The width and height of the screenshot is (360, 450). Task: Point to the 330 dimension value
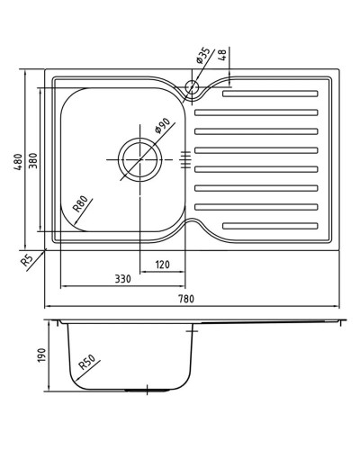[x=123, y=278]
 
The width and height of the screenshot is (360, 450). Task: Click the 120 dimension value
[x=162, y=265]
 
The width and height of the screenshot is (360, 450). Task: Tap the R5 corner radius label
[x=26, y=261]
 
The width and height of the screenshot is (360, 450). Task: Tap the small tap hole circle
[x=191, y=87]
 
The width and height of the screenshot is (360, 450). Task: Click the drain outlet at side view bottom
[x=140, y=390]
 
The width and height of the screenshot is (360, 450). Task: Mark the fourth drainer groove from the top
[x=257, y=149]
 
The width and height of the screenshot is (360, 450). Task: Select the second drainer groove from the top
[x=257, y=112]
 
